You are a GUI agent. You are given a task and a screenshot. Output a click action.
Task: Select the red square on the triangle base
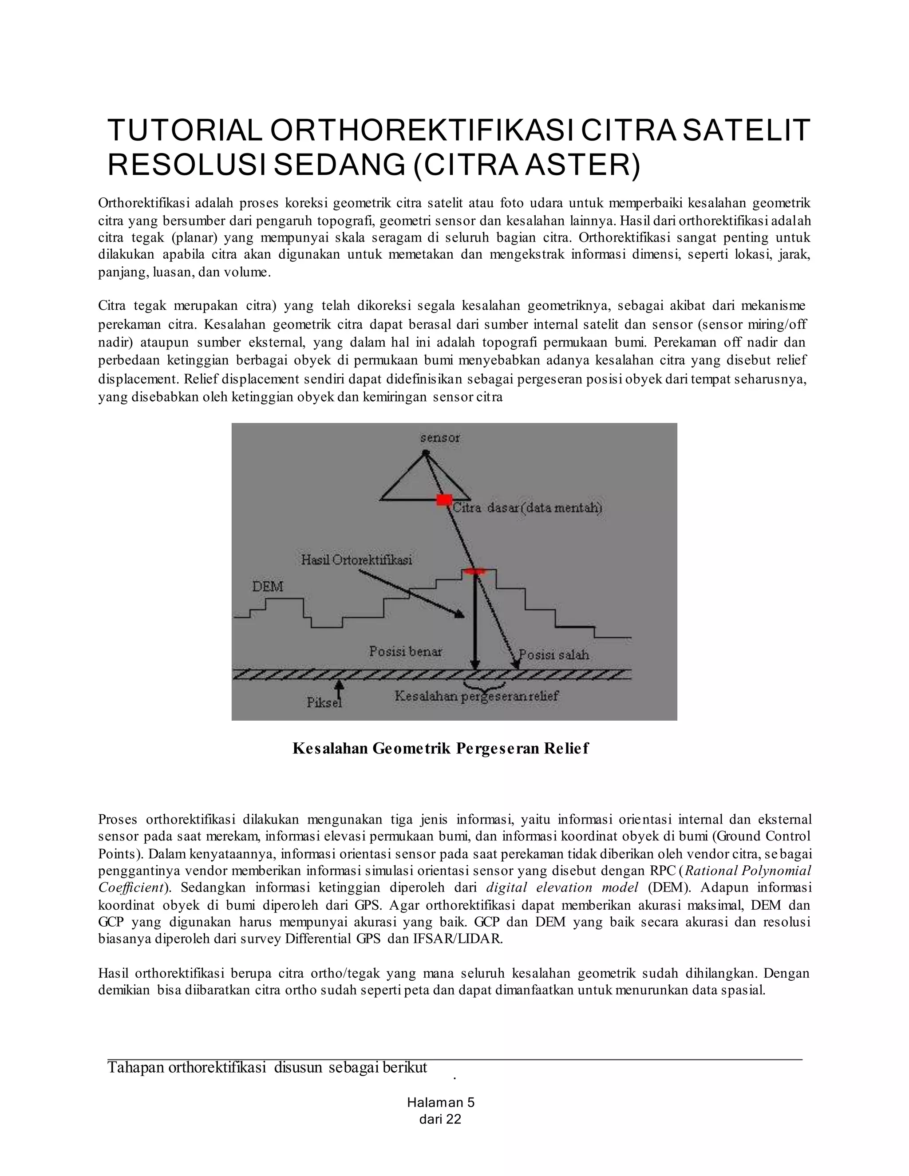tap(443, 500)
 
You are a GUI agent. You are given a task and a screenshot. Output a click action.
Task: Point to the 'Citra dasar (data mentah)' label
tap(527, 508)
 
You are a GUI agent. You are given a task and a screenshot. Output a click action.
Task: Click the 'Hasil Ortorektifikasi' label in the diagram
tap(356, 560)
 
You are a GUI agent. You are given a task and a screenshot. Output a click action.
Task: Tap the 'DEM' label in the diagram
tap(268, 586)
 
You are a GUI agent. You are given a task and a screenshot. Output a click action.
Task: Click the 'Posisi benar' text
tap(406, 651)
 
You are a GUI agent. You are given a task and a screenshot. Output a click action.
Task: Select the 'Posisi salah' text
tap(553, 655)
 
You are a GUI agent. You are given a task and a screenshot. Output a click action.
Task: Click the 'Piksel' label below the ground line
tap(324, 702)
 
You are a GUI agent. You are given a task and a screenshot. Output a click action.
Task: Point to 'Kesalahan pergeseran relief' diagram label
tap(477, 696)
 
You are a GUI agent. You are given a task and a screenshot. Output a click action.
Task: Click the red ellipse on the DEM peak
tap(474, 571)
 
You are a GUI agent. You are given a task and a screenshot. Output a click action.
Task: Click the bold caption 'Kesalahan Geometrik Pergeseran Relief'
tap(440, 749)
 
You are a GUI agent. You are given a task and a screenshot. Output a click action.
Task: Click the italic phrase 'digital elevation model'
tap(562, 888)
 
